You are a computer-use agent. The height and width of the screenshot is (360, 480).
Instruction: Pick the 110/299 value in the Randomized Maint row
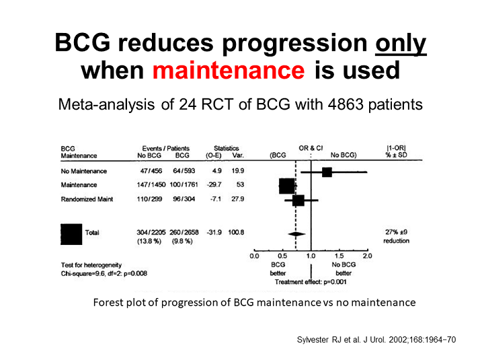[149, 201]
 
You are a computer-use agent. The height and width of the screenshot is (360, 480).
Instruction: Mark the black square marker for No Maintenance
[327, 172]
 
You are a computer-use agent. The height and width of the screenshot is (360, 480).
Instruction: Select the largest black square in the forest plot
[286, 186]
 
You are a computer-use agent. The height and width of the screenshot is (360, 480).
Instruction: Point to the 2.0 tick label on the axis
[367, 256]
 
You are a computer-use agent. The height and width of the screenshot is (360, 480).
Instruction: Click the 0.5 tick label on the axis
[282, 256]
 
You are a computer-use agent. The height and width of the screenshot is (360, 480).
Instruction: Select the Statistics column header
[226, 148]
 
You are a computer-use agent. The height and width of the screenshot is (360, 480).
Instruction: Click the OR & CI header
[311, 148]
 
